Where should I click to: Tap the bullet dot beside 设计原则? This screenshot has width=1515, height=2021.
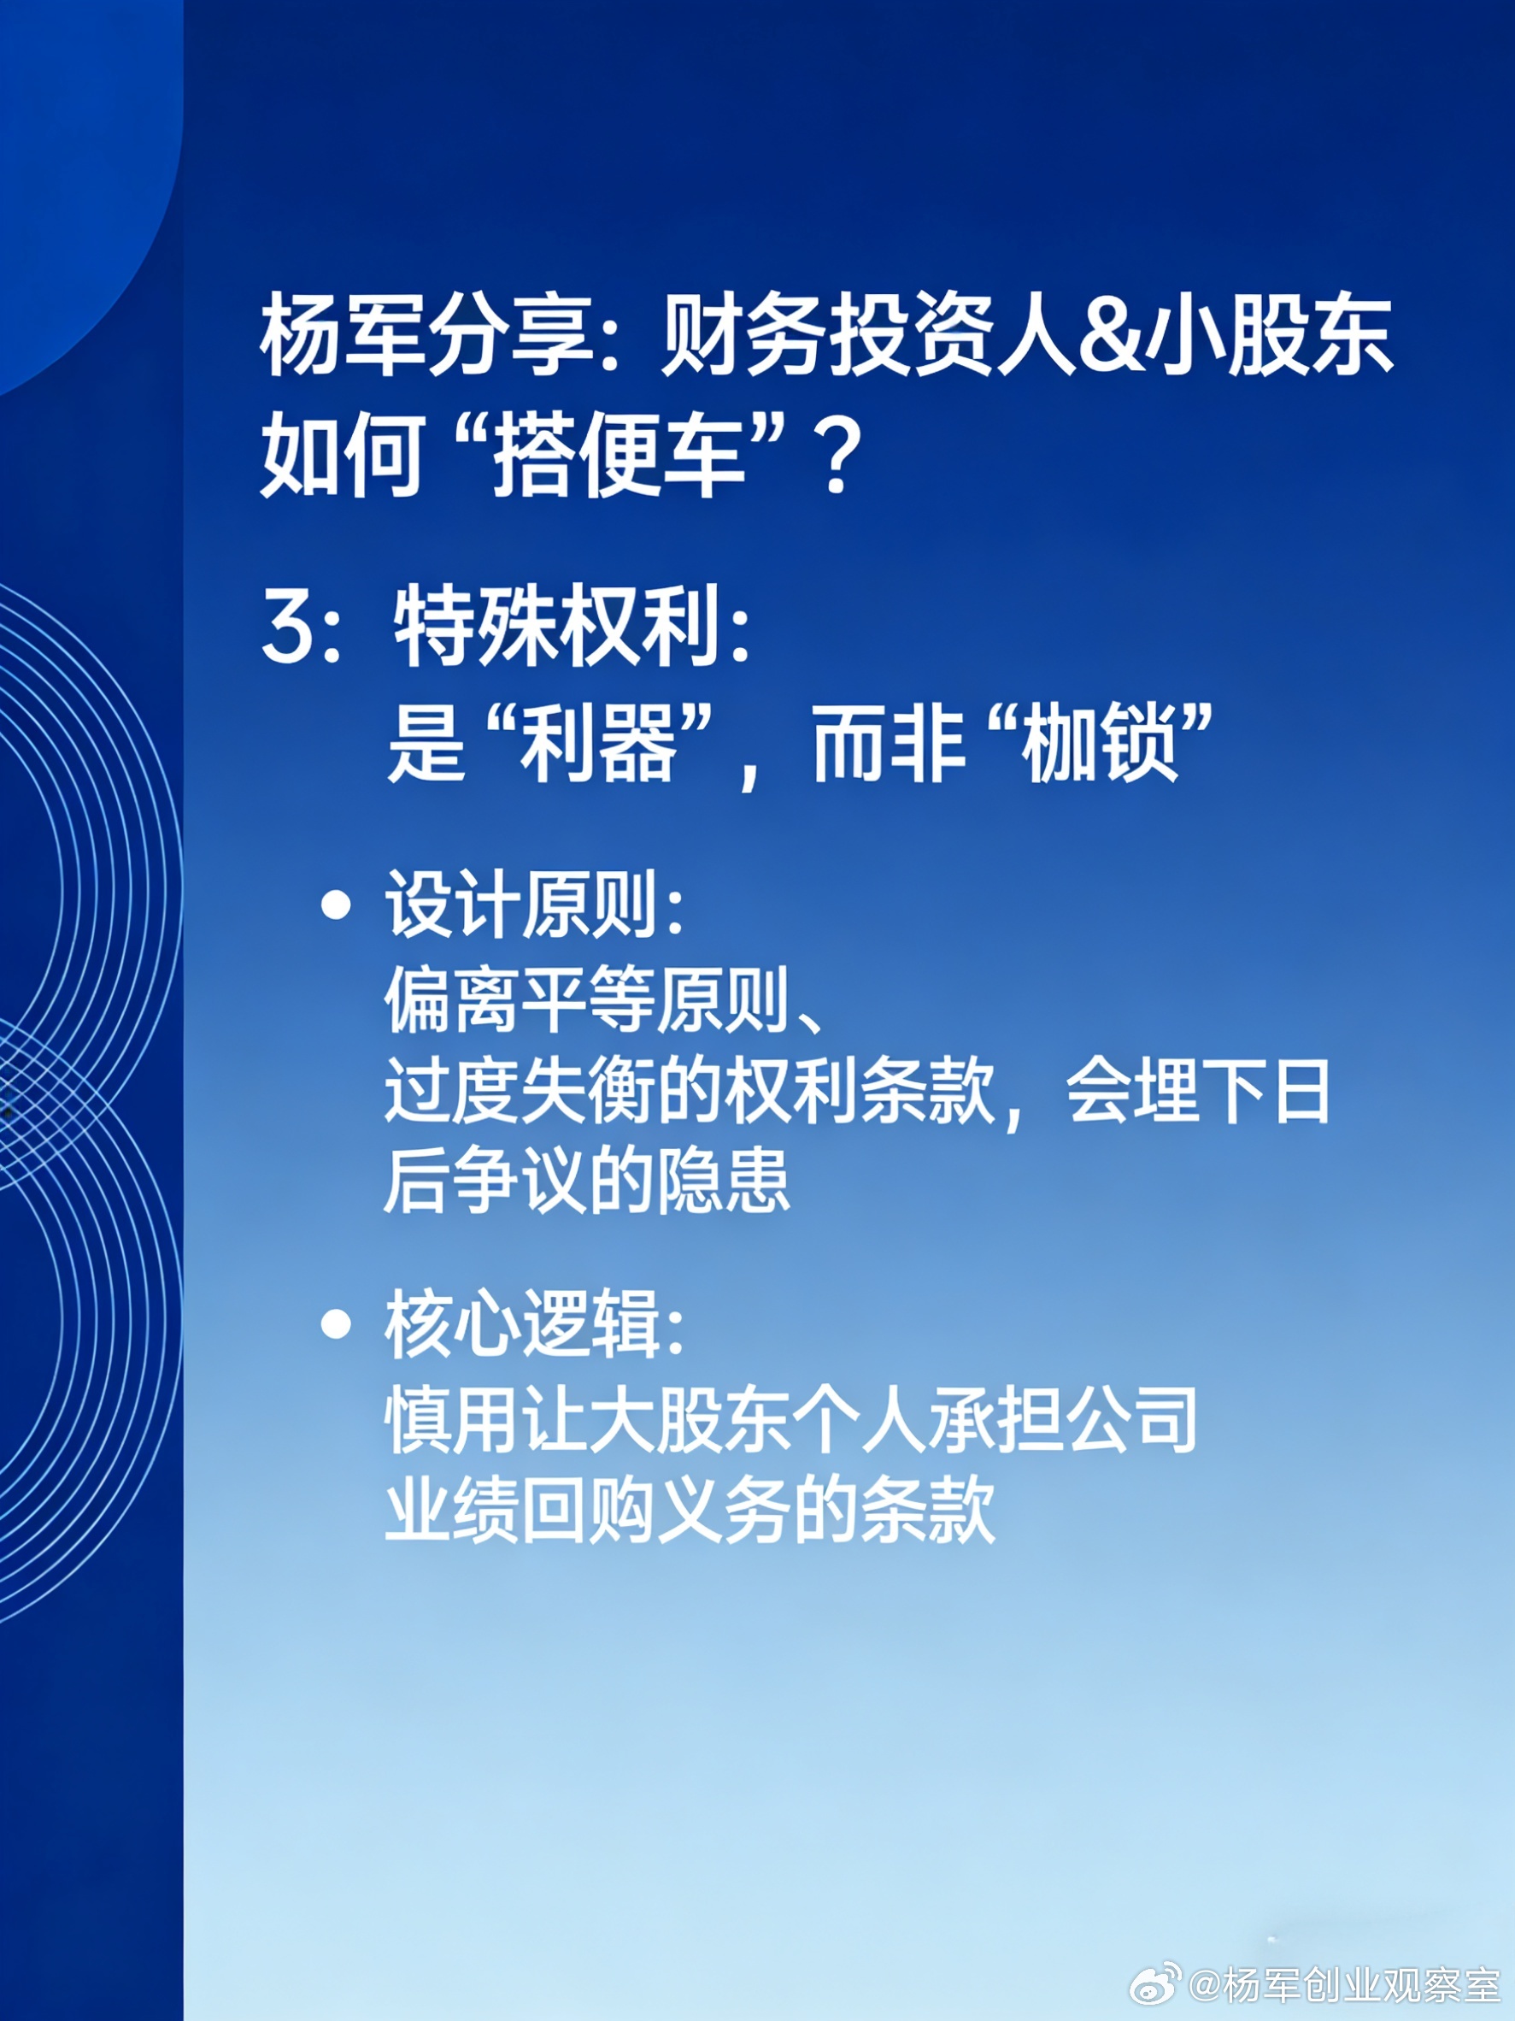(337, 904)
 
